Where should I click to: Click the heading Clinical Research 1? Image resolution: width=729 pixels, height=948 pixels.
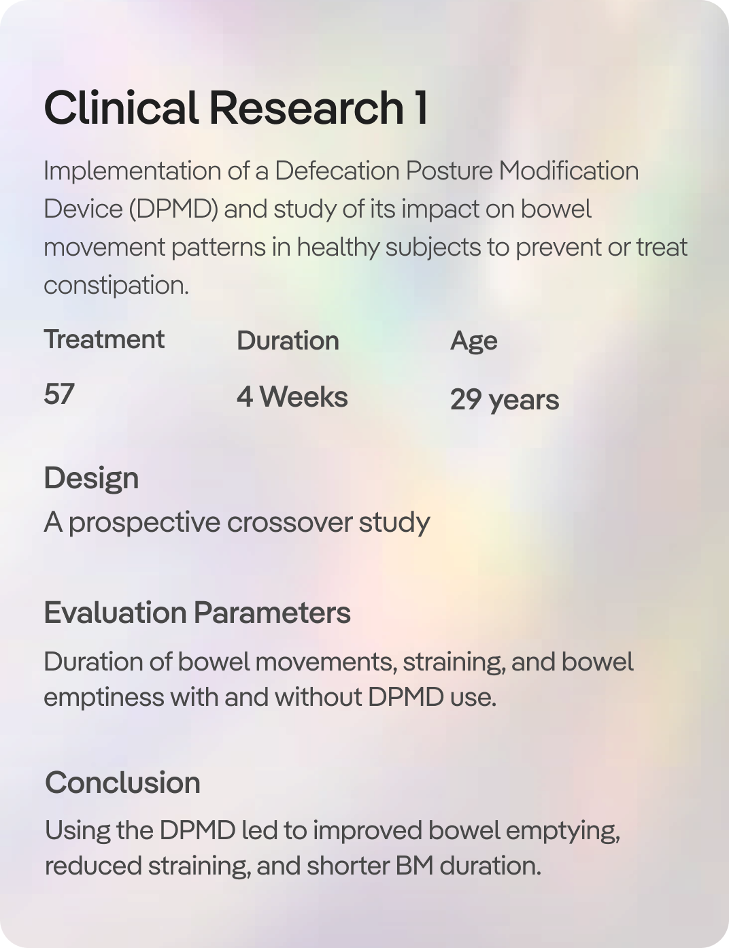point(236,107)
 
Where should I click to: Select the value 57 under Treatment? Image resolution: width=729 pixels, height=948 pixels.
point(59,394)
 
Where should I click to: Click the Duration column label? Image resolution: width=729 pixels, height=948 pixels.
point(288,340)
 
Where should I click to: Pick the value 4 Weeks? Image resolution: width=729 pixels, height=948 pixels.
point(292,397)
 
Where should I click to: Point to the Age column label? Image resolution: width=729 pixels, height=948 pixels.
point(474,341)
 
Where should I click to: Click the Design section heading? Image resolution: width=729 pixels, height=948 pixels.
point(92,479)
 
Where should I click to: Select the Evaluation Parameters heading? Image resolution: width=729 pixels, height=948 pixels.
point(198,613)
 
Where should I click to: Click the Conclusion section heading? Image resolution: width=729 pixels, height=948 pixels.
point(122,783)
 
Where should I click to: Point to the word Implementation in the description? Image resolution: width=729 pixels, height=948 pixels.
point(132,171)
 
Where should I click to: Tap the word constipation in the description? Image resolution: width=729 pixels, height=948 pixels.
point(116,286)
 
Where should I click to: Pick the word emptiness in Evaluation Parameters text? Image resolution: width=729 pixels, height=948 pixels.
point(104,697)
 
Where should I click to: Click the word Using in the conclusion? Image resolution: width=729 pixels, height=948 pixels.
point(78,830)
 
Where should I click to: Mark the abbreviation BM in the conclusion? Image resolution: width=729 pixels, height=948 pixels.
point(415,866)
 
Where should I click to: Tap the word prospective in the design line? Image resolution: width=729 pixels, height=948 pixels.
point(145,524)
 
